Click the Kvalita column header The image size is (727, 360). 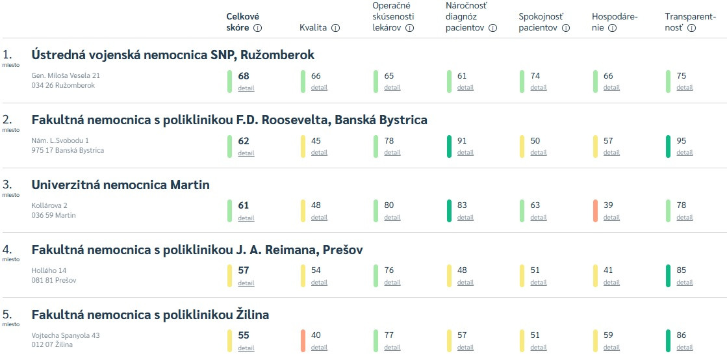pos(312,28)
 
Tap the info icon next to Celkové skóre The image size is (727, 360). pos(257,28)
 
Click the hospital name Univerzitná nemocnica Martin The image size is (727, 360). pos(120,185)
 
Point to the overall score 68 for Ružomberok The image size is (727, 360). pos(244,76)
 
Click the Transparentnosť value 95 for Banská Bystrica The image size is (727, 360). pos(682,141)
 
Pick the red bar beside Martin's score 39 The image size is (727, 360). pos(596,211)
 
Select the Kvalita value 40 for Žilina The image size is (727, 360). pos(316,335)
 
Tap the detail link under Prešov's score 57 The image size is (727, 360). pos(246,283)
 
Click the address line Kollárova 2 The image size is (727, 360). pos(49,205)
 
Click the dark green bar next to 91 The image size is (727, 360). pos(450,146)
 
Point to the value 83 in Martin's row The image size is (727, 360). pos(462,205)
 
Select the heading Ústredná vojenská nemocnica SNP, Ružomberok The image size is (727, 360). pos(173,55)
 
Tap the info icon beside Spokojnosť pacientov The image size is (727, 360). pos(565,28)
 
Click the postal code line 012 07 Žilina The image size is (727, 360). pos(52,345)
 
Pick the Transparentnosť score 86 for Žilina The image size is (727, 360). pos(682,335)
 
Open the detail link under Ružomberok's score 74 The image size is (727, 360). pos(538,88)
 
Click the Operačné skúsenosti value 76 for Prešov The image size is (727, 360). pos(389,270)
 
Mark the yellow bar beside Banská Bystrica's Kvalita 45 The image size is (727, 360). pos(303,146)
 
